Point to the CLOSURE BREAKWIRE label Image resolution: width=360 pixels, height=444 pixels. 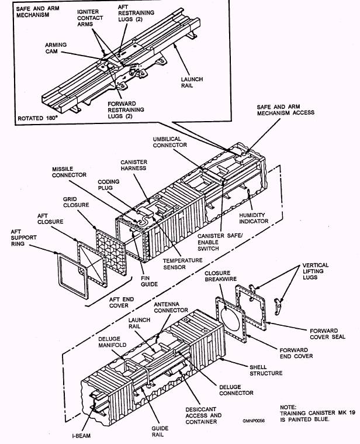click(x=220, y=276)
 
